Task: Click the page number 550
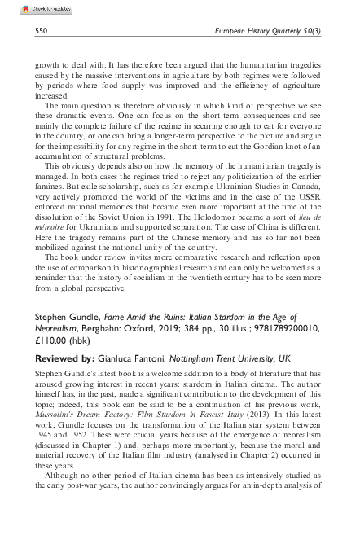click(x=41, y=31)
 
